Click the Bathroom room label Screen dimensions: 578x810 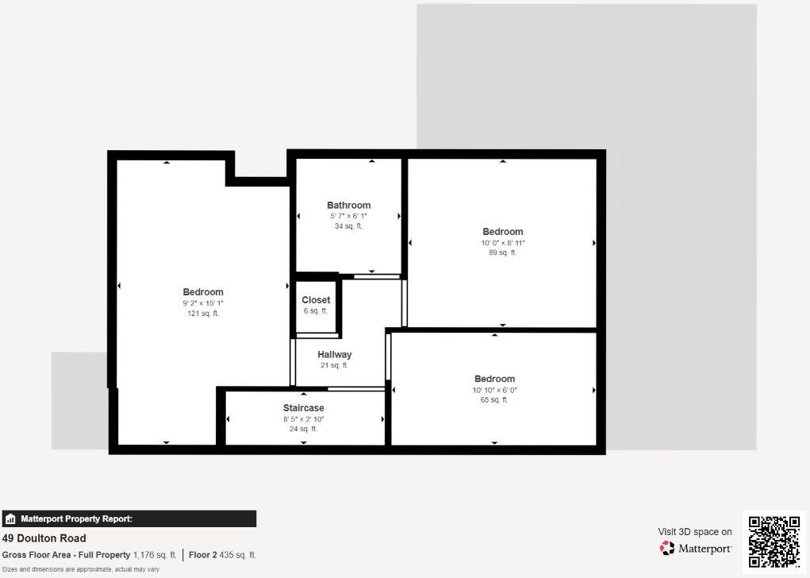coord(348,205)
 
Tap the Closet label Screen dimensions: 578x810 coord(316,300)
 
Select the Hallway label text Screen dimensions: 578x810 coord(334,354)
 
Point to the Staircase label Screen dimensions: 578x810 coord(303,408)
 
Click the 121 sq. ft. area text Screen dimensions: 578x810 coord(203,314)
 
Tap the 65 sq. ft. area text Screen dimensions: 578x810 coord(494,400)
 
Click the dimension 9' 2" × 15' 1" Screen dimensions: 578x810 coord(203,303)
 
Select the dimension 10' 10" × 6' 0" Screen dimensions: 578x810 coord(494,390)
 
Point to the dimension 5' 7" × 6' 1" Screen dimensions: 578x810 coord(348,216)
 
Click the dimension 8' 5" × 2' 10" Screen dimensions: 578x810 coord(303,418)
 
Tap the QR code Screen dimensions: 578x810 coord(774,541)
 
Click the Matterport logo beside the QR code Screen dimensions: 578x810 coord(696,548)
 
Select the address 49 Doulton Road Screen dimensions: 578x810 coord(44,538)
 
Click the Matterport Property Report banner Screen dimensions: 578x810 coord(129,519)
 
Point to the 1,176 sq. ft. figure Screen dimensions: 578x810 coord(155,555)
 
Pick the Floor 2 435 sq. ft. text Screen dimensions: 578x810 coord(222,555)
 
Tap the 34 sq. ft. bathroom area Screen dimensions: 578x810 coord(348,226)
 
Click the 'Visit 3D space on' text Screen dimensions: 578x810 coord(695,532)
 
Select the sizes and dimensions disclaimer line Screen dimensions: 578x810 coord(80,569)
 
